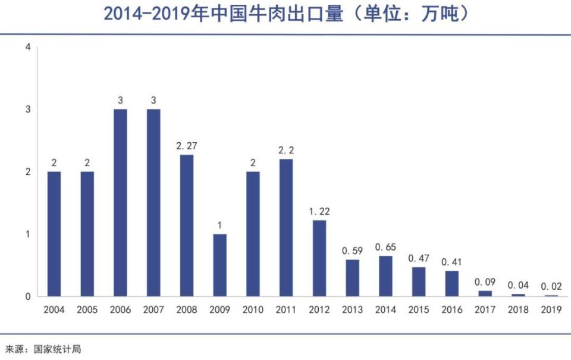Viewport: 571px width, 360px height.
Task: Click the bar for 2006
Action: [120, 202]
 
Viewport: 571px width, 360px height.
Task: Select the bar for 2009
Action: [219, 265]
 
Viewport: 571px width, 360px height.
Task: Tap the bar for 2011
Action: [286, 227]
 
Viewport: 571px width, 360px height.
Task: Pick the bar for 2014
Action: [385, 276]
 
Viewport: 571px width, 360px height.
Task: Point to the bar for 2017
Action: [485, 293]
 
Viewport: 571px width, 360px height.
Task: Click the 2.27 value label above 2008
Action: [186, 145]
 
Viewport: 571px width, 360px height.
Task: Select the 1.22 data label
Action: [319, 211]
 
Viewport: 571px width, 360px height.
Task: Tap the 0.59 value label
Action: [352, 251]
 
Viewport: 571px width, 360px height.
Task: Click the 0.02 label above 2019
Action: [551, 286]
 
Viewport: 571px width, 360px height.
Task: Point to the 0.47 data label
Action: [419, 258]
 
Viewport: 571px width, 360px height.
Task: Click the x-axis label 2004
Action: [54, 310]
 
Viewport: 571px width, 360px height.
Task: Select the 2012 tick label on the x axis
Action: [319, 310]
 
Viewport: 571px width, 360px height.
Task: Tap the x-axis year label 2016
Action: [451, 310]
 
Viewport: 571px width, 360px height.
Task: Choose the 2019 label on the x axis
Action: [551, 310]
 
